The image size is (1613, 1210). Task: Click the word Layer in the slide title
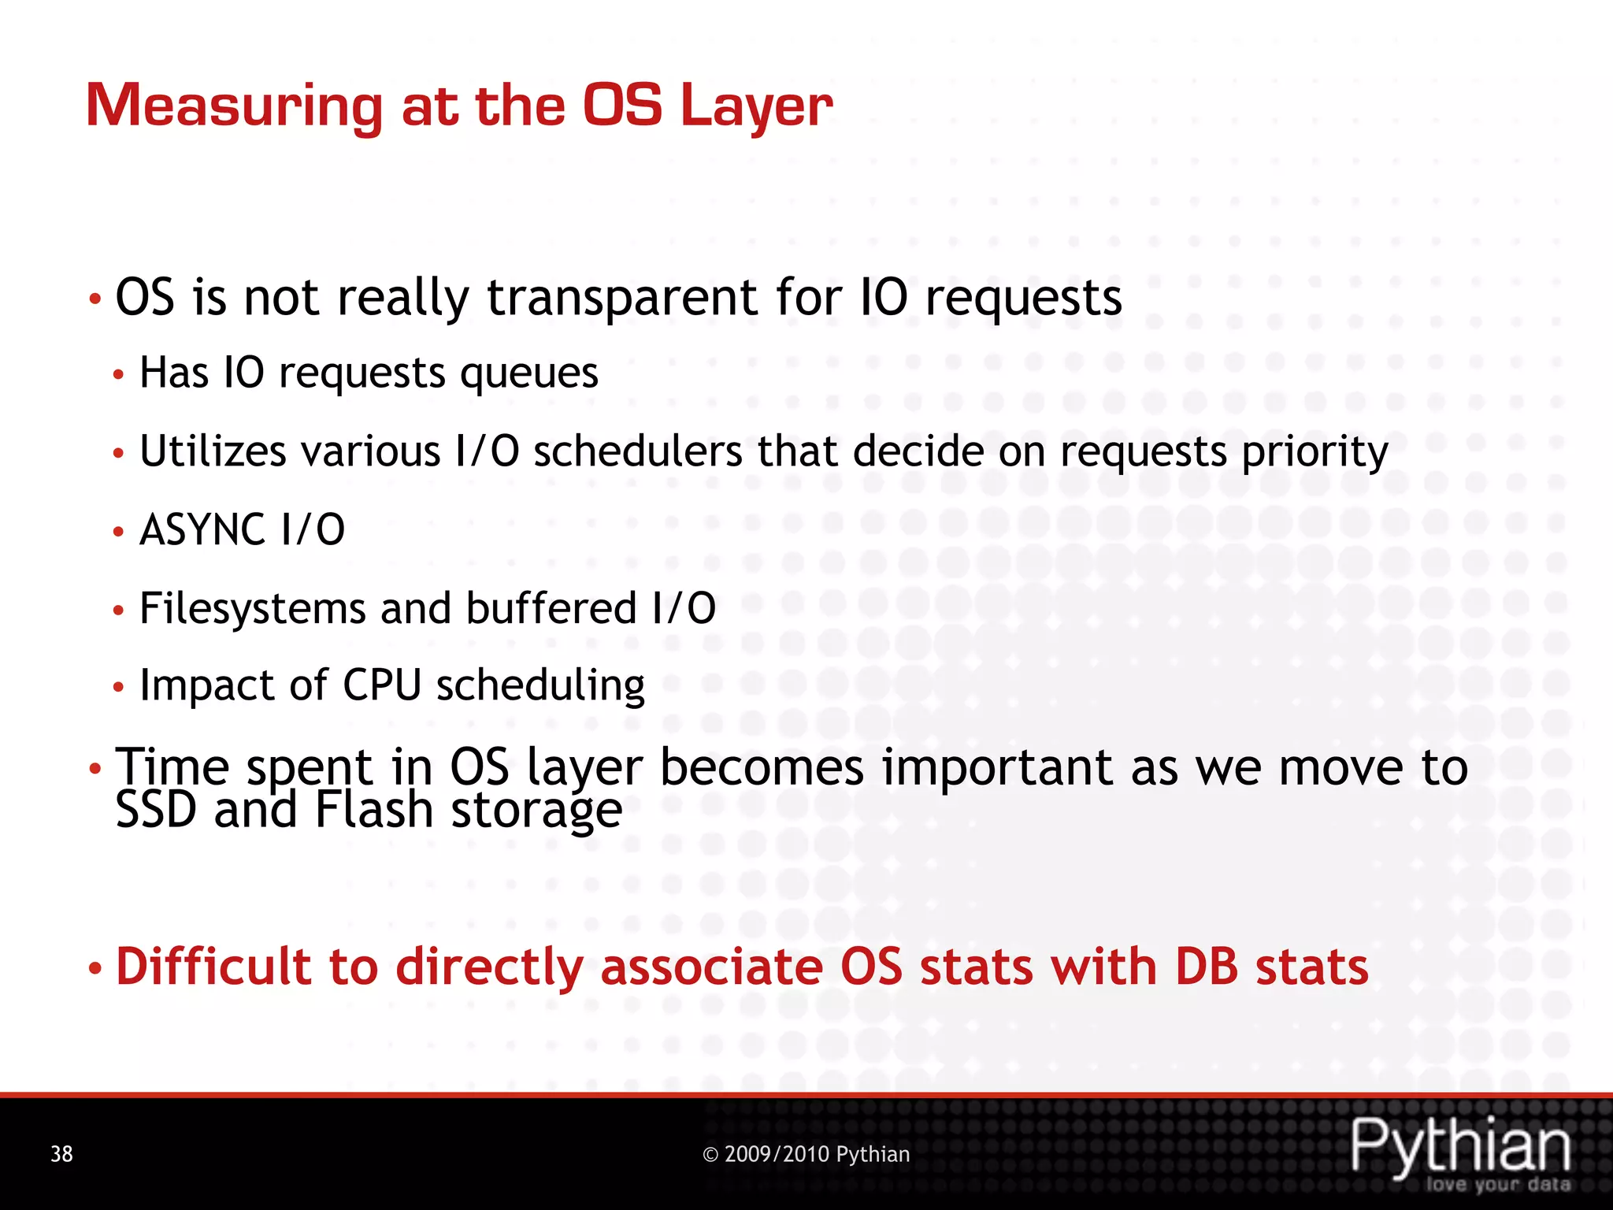pyautogui.click(x=755, y=106)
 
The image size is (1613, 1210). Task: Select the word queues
pyautogui.click(x=529, y=373)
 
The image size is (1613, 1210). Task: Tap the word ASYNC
pyautogui.click(x=202, y=529)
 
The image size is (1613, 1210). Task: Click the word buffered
pyautogui.click(x=551, y=608)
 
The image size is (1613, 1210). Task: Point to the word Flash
pyautogui.click(x=374, y=810)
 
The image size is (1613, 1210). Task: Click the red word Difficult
pyautogui.click(x=213, y=967)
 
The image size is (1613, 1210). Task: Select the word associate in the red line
pyautogui.click(x=711, y=967)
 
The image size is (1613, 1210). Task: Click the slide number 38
pyautogui.click(x=61, y=1154)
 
